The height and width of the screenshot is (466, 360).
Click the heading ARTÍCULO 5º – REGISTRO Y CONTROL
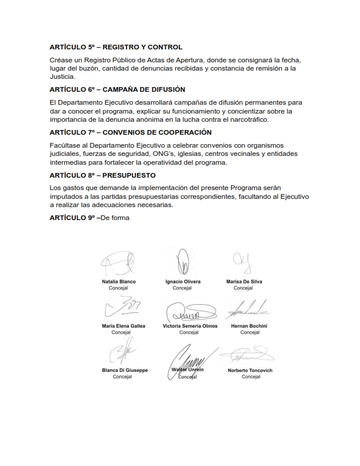tap(116, 47)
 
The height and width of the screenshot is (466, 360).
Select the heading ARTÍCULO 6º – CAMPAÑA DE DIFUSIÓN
tap(117, 89)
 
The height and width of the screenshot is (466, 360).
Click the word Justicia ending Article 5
tap(63, 76)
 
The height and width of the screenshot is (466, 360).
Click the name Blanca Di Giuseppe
tap(125, 370)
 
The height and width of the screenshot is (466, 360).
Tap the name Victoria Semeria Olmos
tap(190, 326)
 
